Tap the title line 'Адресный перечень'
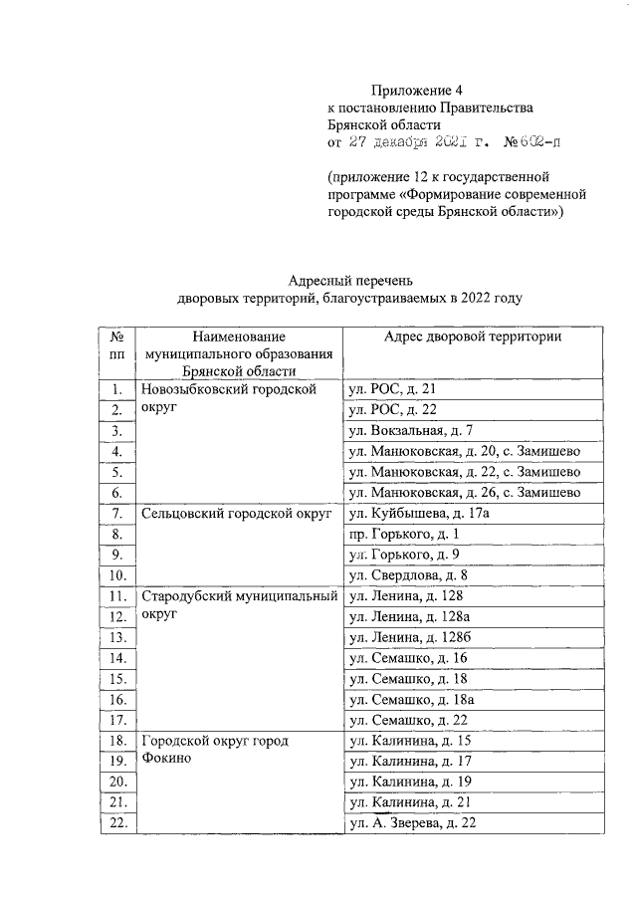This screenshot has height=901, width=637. tap(348, 281)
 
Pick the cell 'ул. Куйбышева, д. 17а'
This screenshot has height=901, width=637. tap(418, 514)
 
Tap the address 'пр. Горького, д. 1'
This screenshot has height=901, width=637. tap(396, 535)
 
